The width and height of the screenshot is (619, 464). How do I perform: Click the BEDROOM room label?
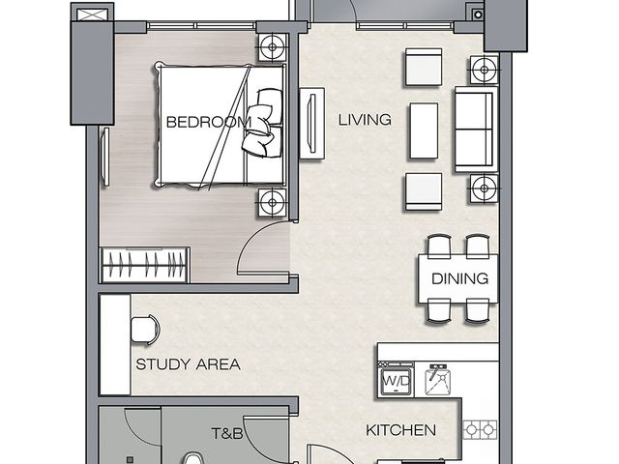209,122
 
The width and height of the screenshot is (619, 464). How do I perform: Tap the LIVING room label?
365,120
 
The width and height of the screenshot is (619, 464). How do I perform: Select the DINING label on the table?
460,278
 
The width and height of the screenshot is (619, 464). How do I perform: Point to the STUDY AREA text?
188,363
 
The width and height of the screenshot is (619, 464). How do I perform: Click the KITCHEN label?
400,430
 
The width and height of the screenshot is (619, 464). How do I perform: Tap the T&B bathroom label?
227,433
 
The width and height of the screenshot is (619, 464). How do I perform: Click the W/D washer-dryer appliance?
396,380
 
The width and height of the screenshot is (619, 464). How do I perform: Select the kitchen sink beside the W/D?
438,380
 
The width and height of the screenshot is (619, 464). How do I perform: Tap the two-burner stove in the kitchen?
480,429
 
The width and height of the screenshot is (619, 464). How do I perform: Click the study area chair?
145,330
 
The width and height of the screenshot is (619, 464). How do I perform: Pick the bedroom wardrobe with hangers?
145,265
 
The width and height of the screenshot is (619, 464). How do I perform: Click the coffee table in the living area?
424,131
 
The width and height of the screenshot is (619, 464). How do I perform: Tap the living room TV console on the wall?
312,124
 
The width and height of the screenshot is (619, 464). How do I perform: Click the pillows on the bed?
263,123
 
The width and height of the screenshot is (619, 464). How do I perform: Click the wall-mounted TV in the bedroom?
105,157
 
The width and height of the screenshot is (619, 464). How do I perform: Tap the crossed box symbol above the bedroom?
93,15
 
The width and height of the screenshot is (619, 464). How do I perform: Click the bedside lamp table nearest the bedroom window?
272,47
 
